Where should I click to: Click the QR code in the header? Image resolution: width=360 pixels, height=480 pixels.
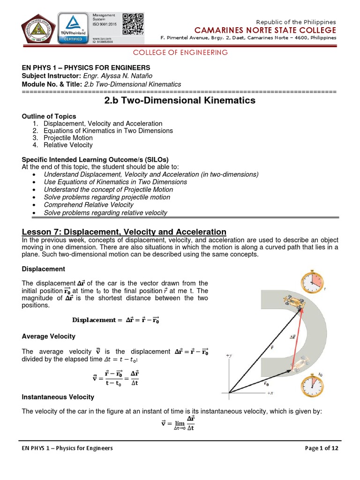[x=133, y=23]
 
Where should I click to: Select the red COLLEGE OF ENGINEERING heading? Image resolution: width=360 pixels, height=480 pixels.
[x=180, y=52]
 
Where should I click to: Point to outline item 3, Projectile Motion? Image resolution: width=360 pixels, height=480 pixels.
[x=68, y=138]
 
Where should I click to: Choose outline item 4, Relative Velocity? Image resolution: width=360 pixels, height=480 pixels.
[x=68, y=145]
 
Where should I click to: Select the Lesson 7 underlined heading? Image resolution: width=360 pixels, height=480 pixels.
[x=124, y=232]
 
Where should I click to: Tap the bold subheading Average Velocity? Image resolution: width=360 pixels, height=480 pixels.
[x=49, y=337]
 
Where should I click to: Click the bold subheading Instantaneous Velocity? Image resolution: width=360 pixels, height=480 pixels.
[x=58, y=397]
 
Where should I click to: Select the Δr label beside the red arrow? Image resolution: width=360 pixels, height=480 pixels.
[x=293, y=337]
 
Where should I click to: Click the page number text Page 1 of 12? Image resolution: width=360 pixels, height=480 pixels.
[x=321, y=448]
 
